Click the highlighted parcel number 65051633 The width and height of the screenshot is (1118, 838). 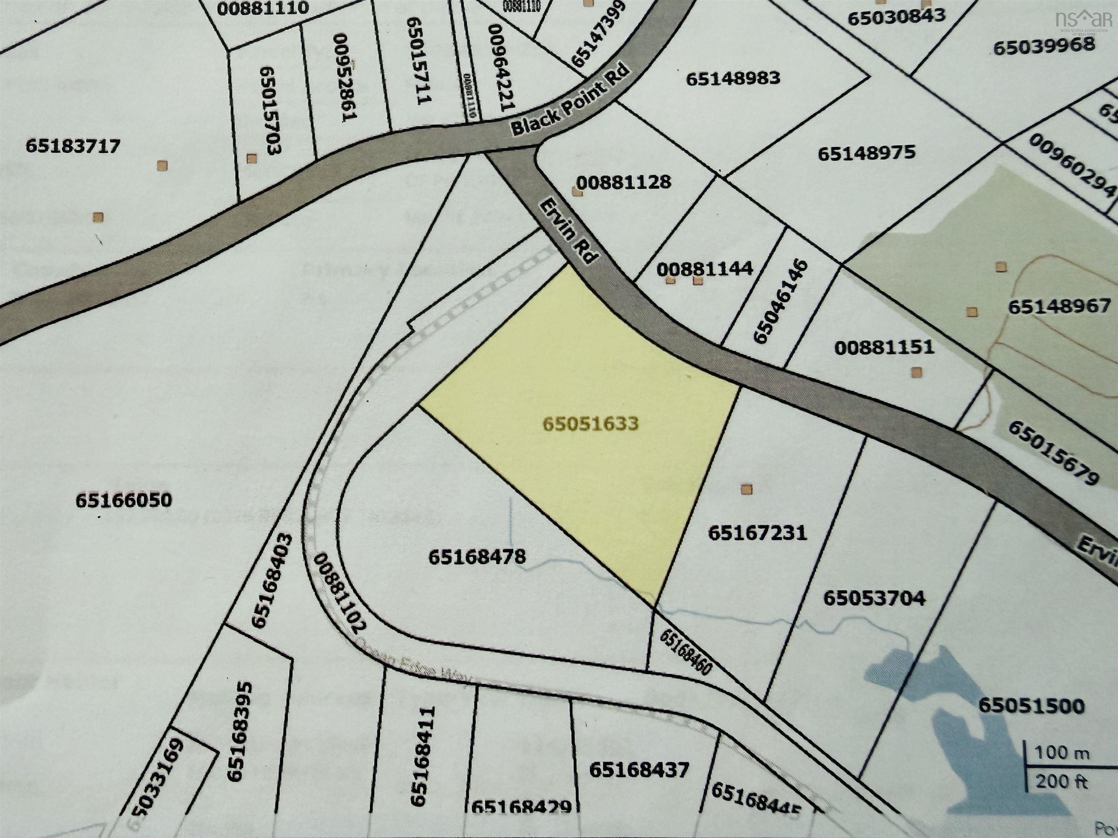pos(591,424)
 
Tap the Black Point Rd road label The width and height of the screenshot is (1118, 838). pos(571,100)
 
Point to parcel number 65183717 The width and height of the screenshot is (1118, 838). pos(73,147)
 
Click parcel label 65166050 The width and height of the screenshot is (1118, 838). pos(124,500)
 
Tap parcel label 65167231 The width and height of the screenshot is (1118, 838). pos(757,533)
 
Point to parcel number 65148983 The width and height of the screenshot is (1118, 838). pos(733,78)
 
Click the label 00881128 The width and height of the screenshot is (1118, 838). pos(624,182)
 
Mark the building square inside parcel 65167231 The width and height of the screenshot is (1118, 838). pos(746,489)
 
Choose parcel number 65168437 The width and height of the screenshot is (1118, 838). pos(639,770)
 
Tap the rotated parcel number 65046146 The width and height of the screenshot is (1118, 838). pos(781,302)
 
